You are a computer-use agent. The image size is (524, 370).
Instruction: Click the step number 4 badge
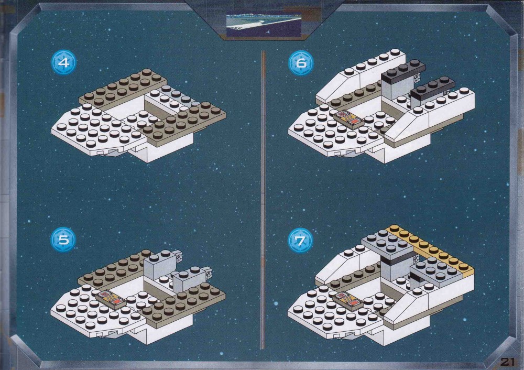[64, 62]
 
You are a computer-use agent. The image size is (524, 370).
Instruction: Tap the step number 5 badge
[63, 240]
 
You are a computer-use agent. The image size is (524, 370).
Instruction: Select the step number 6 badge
[301, 62]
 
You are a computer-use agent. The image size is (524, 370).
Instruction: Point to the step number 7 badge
[300, 241]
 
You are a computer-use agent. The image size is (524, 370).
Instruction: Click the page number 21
[507, 362]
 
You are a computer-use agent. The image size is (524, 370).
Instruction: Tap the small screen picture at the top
[264, 24]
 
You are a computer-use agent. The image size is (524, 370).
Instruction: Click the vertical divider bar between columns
[263, 200]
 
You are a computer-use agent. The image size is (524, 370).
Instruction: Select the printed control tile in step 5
[111, 299]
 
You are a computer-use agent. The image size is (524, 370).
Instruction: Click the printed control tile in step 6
[348, 120]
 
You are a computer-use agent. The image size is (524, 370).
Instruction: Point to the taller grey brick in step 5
[160, 265]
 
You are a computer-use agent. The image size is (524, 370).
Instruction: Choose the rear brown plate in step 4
[123, 88]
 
